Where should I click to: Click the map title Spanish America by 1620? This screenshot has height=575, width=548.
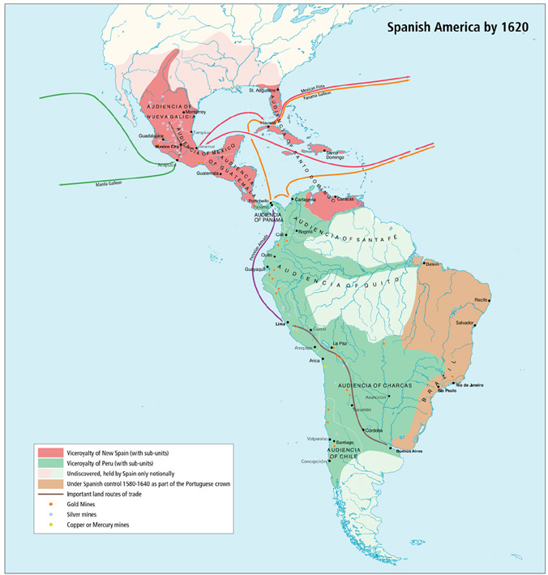(x=457, y=27)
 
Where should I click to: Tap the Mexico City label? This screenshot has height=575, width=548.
(x=166, y=146)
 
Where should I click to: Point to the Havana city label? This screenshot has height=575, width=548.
(x=268, y=122)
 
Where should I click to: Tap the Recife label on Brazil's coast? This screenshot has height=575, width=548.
(x=482, y=300)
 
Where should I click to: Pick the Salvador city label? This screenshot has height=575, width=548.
(x=465, y=322)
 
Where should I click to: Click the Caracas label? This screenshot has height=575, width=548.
(x=348, y=199)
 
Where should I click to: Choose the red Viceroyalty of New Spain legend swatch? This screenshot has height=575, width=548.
(x=49, y=451)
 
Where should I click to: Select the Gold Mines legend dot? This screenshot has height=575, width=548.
(x=51, y=504)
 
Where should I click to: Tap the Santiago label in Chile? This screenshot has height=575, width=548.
(x=344, y=441)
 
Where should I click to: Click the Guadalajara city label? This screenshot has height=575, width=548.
(x=151, y=135)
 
